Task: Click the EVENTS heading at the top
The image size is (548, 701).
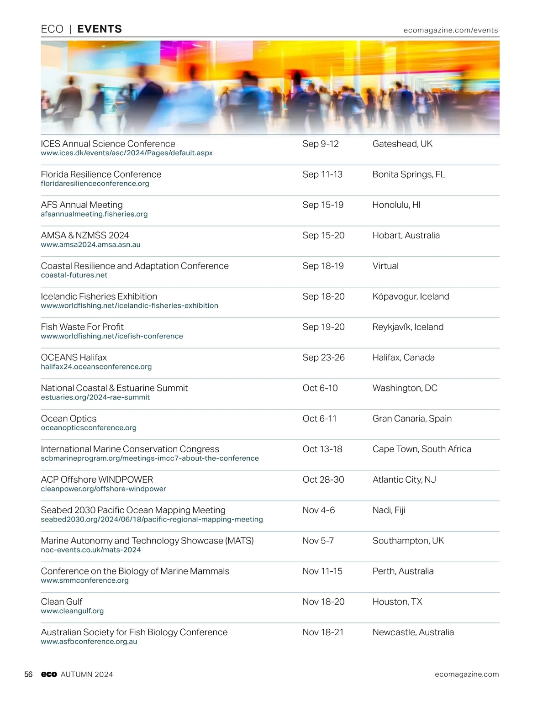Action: click(100, 29)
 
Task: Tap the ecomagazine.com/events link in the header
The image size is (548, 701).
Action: click(450, 30)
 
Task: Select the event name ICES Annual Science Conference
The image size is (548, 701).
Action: click(108, 144)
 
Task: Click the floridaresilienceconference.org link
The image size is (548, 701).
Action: click(95, 184)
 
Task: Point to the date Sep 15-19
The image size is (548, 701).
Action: click(323, 205)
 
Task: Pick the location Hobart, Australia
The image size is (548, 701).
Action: click(406, 236)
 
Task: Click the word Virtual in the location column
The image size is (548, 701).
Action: click(385, 266)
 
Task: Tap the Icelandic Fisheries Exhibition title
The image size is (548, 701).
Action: click(99, 297)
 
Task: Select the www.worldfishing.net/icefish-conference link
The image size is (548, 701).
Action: click(112, 336)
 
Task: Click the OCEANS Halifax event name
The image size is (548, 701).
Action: click(74, 358)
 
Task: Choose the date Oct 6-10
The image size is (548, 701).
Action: click(320, 388)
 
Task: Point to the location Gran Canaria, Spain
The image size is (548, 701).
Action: click(412, 419)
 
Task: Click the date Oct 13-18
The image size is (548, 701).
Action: click(322, 449)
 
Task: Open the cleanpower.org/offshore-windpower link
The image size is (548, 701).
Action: click(103, 489)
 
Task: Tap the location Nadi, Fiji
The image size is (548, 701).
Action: click(389, 510)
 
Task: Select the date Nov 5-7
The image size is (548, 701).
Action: click(318, 541)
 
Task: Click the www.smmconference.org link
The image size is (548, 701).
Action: click(84, 580)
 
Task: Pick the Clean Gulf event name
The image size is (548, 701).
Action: click(61, 602)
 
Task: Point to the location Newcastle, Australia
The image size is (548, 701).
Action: click(413, 632)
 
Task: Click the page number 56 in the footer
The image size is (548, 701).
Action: click(28, 675)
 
